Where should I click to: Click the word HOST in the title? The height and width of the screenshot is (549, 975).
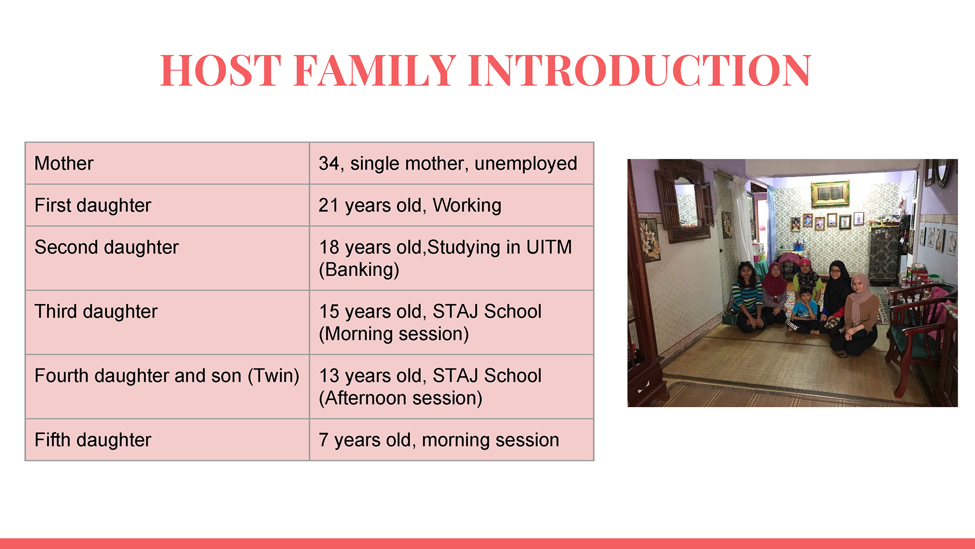[221, 70]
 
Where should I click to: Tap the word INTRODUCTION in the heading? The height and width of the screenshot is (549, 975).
[640, 70]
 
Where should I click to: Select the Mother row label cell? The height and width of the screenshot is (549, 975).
[167, 163]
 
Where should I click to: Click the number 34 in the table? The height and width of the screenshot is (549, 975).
[329, 163]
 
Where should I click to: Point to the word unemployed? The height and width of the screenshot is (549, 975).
[526, 163]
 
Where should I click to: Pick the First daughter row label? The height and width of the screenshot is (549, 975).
[93, 205]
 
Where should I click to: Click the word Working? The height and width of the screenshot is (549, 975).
[467, 205]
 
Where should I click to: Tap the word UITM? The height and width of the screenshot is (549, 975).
[549, 247]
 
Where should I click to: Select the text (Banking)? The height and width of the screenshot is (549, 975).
[359, 269]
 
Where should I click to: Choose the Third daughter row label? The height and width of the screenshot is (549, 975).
[96, 312]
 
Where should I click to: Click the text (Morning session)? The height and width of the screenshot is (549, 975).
[394, 334]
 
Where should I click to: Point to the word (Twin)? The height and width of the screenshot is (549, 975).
[274, 376]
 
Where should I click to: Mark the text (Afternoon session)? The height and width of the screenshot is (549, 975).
[401, 398]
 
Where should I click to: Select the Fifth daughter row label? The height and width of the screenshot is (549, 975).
[93, 440]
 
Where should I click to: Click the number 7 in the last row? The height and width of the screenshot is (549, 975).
[323, 440]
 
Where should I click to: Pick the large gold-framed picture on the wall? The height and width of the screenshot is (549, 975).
[830, 193]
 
